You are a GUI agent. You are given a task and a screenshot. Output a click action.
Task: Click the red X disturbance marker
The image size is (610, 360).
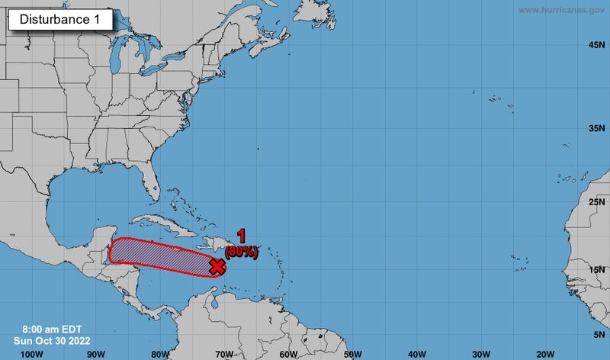(x=217, y=266)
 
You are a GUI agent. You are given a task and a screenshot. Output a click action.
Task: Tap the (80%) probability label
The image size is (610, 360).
(x=242, y=250)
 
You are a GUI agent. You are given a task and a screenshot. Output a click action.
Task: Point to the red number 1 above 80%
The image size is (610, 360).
(x=241, y=236)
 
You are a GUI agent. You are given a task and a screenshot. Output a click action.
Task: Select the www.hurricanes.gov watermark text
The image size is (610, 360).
(x=562, y=10)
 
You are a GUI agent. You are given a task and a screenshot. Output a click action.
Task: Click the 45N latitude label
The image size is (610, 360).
(x=597, y=45)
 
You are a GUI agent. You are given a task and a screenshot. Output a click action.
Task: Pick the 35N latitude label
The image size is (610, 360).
(x=597, y=128)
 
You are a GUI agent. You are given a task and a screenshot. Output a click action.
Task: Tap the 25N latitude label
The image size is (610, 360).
(x=597, y=201)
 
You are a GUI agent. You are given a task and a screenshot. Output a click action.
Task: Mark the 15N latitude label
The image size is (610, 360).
(x=597, y=269)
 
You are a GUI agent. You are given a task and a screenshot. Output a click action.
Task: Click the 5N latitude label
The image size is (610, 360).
(x=599, y=334)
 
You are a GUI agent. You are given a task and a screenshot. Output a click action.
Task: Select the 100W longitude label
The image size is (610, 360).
(x=30, y=353)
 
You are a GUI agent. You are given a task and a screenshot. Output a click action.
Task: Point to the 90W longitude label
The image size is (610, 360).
(x=95, y=353)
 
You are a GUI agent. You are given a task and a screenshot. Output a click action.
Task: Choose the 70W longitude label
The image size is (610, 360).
(x=223, y=353)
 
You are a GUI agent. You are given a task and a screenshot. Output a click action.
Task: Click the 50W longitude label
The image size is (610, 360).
(x=352, y=353)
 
